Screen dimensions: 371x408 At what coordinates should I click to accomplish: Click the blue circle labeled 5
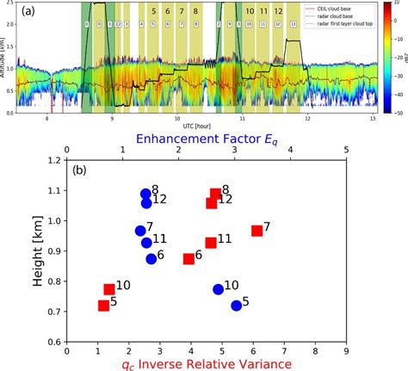click(237, 306)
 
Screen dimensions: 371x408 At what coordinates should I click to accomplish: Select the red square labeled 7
click(257, 231)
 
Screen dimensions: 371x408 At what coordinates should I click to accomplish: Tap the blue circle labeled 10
click(219, 289)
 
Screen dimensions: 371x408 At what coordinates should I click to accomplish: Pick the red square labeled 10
click(109, 289)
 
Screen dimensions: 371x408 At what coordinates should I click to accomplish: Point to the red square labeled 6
click(189, 259)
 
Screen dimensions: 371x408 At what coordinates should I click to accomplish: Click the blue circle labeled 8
click(146, 195)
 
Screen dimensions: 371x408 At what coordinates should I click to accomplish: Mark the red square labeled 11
click(211, 243)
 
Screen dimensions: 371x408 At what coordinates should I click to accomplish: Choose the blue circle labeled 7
click(140, 231)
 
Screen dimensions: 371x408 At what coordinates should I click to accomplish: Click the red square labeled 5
click(104, 306)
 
